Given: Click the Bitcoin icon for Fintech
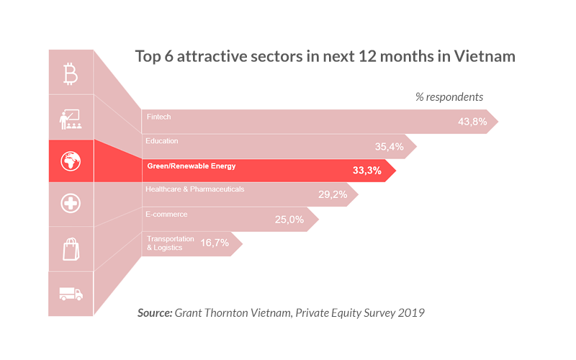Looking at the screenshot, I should point(71,73).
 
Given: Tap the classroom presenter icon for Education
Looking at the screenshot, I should point(71,117).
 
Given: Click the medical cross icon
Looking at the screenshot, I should point(71,204).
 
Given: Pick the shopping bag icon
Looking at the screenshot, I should point(71,249).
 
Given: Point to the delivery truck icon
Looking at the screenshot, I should point(71,294).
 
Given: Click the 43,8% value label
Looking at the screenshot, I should point(472,122).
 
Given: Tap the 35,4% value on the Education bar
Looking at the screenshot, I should point(390,146).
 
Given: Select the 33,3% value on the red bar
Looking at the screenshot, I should point(366,171).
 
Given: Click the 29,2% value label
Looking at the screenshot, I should point(333,194).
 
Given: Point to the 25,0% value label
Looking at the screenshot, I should point(289,219).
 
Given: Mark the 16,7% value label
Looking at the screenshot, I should point(214,243).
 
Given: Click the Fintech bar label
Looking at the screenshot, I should point(158,117).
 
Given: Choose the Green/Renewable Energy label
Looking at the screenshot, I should point(191,166).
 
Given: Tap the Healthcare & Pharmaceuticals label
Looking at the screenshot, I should point(195,189).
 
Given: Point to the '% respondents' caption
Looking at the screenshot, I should point(449,96).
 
